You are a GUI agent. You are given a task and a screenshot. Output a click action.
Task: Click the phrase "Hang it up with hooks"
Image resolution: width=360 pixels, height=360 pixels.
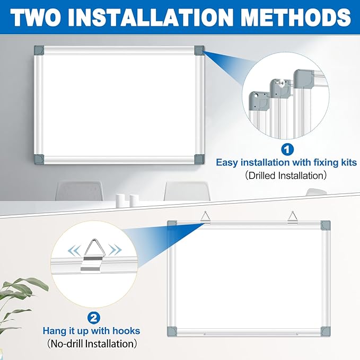pyautogui.click(x=92, y=331)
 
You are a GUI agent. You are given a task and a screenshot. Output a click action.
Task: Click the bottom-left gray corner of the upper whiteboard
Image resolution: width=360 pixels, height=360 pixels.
pyautogui.click(x=39, y=159)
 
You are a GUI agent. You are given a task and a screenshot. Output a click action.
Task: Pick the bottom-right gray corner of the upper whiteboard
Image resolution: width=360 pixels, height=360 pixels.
pyautogui.click(x=198, y=159)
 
